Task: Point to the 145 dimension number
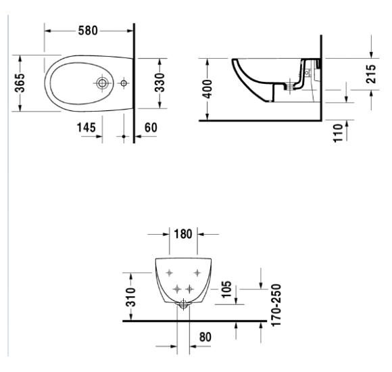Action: pyautogui.click(x=86, y=127)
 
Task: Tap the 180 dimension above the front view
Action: pyautogui.click(x=183, y=234)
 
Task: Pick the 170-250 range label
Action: pyautogui.click(x=274, y=305)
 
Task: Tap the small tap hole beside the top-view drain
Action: pyautogui.click(x=124, y=84)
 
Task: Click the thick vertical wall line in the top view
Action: pyautogui.click(x=134, y=81)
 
